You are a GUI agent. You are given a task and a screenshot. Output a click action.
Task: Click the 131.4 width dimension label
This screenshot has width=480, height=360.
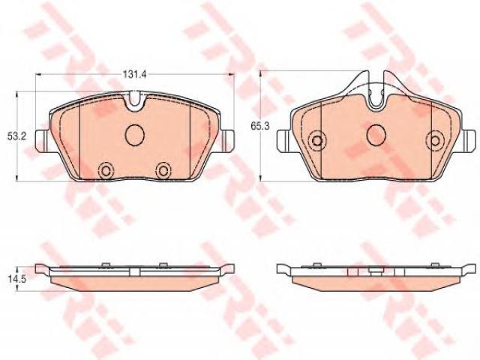(135, 74)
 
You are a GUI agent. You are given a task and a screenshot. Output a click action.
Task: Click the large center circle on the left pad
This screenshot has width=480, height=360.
(135, 135)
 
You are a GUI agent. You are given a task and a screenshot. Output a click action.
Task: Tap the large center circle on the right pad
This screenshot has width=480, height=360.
(376, 135)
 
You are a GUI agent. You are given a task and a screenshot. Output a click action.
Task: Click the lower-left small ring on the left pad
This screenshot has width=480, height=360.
(106, 170)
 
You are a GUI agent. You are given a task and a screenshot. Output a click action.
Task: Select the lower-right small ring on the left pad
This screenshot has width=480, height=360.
(163, 170)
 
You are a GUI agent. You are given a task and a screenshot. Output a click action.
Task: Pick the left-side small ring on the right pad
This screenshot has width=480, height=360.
(317, 140)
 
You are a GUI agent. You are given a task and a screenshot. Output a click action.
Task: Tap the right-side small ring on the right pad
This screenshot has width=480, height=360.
(436, 140)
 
